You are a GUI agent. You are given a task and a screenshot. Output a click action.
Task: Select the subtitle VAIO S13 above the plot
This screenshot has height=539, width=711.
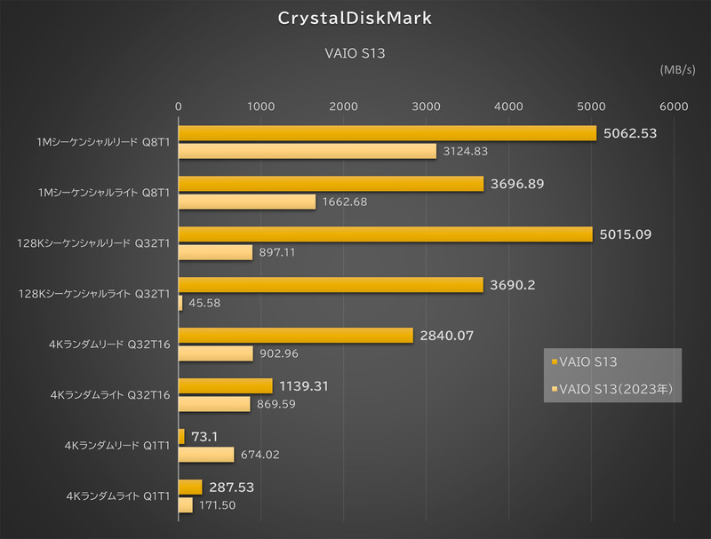[355, 53]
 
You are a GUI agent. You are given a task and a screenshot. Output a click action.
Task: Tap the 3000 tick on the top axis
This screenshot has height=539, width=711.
[427, 106]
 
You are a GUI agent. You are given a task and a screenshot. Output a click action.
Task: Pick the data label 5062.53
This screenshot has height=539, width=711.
[629, 134]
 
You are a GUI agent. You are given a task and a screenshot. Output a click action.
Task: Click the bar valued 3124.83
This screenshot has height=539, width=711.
[308, 151]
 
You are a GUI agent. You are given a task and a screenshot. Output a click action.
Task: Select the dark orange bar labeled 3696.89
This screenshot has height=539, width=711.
[332, 184]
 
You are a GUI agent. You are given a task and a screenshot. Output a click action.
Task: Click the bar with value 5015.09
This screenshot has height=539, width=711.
[386, 234]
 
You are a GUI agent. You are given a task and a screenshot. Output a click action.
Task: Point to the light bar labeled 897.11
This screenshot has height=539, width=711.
[216, 252]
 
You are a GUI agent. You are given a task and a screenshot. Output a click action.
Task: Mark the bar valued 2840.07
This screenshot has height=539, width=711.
[296, 336]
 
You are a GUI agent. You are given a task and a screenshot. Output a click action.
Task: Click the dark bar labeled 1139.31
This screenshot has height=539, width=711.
[226, 385]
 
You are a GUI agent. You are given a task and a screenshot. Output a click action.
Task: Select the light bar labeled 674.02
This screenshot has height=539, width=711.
[206, 455]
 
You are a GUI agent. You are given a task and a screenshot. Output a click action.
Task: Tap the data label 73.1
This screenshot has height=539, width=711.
[205, 437]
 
